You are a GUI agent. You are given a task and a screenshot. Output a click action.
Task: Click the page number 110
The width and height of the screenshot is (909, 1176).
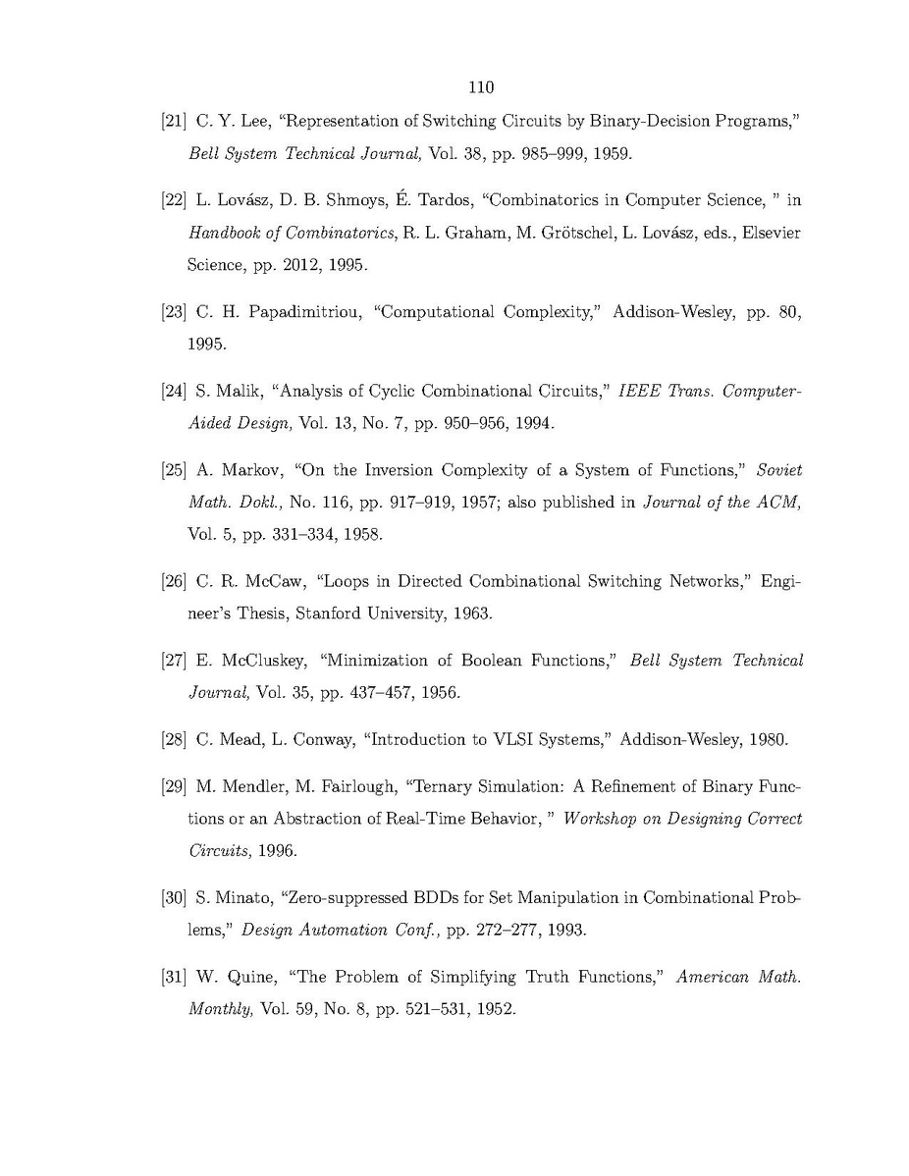(x=481, y=88)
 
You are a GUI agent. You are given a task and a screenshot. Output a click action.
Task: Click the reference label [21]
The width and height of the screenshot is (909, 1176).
(x=174, y=123)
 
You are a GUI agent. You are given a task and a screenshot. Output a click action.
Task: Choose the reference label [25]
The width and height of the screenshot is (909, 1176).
(x=174, y=470)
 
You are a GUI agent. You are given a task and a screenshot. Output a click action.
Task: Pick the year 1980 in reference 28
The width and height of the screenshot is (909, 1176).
(x=769, y=739)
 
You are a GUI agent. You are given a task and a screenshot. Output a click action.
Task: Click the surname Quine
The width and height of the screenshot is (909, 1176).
(x=244, y=977)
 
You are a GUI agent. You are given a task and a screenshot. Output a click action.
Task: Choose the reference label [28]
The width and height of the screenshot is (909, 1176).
(x=174, y=739)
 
